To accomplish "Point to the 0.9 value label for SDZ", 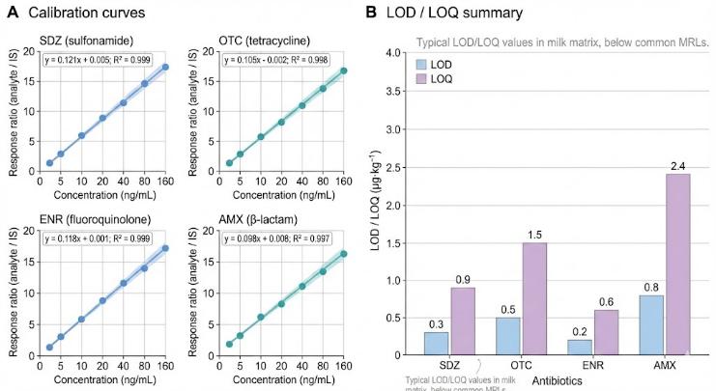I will [x=462, y=279].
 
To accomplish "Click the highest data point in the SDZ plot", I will [x=165, y=67].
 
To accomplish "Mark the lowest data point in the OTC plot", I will [x=229, y=163].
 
